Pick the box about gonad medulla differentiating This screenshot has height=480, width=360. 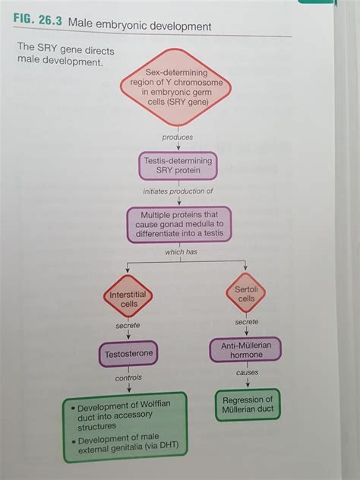[x=179, y=225]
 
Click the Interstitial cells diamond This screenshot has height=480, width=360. [x=128, y=298]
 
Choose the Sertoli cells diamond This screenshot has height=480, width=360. [x=245, y=294]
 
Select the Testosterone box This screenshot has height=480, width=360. [x=128, y=353]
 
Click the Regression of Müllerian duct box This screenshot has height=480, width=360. [x=246, y=405]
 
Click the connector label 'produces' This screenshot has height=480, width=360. [x=177, y=137]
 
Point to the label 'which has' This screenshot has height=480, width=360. [x=181, y=251]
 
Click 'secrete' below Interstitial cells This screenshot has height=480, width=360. [x=128, y=326]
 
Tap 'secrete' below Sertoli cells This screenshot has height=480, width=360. [x=246, y=322]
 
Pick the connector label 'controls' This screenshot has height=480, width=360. [x=128, y=377]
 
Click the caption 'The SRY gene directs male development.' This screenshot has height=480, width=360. [x=59, y=54]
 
